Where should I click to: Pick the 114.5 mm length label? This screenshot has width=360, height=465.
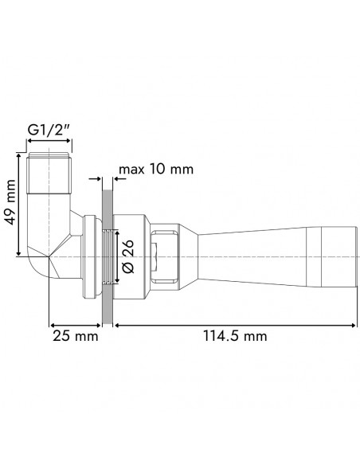(x=233, y=337)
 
